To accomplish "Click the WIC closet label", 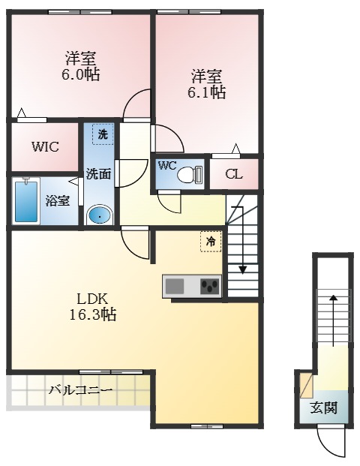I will click(x=45, y=147).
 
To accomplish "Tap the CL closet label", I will click(x=234, y=175).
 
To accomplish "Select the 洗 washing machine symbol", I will click(x=101, y=134).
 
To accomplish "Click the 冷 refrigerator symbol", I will click(x=211, y=242).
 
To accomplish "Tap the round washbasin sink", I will click(x=99, y=216).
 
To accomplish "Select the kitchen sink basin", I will click(x=175, y=286).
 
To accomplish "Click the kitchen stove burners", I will click(x=209, y=286).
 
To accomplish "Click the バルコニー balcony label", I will click(x=81, y=390).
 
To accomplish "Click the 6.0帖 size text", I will click(x=81, y=75).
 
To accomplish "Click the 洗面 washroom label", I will click(x=98, y=174).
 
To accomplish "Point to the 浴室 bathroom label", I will click(x=57, y=200).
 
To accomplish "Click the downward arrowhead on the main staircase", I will click(x=243, y=269).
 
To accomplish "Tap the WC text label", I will click(x=167, y=166).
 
